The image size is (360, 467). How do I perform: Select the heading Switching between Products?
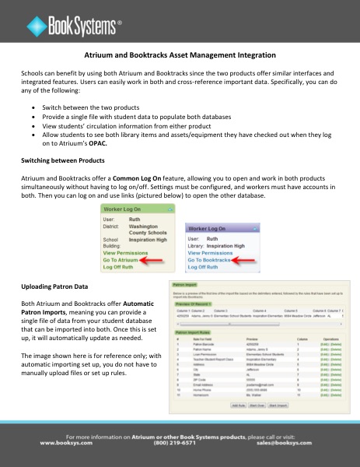pos(63,160)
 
